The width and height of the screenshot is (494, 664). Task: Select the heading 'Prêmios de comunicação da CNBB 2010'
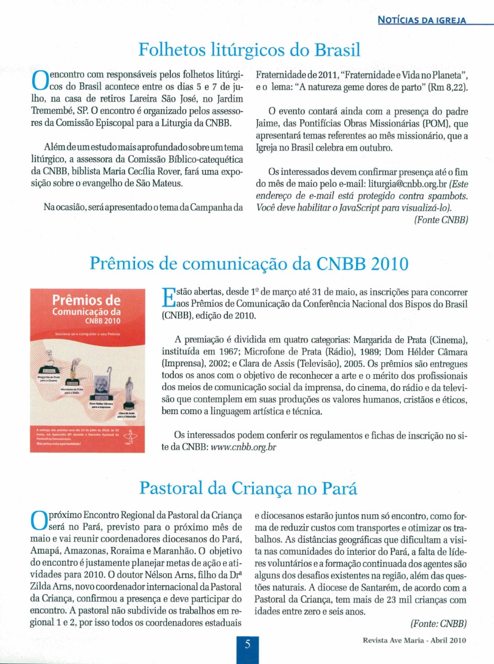248,264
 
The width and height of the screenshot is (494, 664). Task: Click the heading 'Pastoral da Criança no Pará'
248,489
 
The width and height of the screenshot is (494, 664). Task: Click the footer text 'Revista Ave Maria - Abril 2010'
413,641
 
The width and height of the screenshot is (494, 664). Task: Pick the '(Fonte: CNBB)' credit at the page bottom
438,624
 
